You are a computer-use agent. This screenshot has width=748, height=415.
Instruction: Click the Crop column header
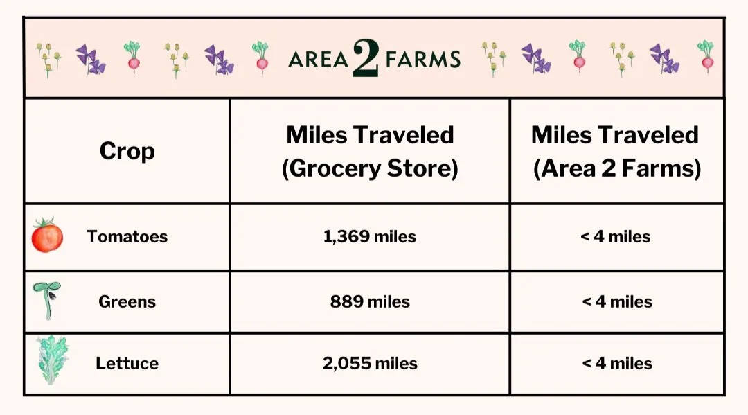pos(127,151)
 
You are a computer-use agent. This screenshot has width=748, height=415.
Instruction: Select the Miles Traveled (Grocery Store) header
pos(370,152)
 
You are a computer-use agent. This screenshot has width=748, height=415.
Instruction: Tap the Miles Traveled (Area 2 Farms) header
pos(616,152)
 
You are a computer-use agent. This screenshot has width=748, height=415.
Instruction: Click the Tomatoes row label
pos(127,236)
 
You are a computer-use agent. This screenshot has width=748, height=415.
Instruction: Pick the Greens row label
pos(127,301)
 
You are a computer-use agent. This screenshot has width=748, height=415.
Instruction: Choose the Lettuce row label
pos(127,363)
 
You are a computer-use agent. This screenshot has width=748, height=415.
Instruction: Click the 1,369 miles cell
pos(370,236)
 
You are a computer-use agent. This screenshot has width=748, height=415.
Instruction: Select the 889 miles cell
pos(370,301)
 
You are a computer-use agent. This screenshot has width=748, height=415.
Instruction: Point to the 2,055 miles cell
pos(370,363)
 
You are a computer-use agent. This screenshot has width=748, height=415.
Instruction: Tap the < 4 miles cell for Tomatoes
pos(616,236)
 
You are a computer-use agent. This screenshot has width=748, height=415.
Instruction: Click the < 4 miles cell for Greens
pos(616,301)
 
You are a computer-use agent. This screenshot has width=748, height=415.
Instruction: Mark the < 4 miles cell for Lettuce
pos(616,363)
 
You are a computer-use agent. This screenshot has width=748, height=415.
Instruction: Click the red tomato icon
pos(47,236)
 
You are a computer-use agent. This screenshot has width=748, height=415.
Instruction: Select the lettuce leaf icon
pos(53,360)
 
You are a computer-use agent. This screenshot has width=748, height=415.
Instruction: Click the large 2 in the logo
pos(365,58)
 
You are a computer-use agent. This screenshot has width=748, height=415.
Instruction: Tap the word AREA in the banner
pos(318,60)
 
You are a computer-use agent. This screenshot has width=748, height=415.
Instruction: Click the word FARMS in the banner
pos(422,60)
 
